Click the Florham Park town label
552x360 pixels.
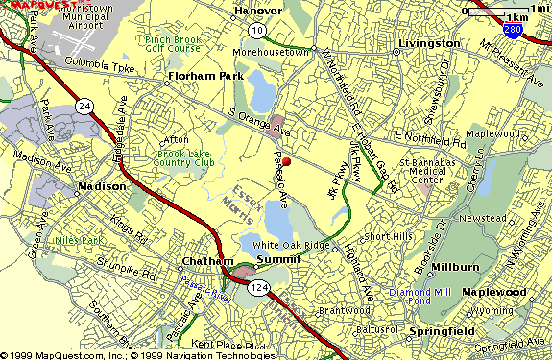point(200,73)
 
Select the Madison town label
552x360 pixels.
point(103,186)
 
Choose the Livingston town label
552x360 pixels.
point(429,44)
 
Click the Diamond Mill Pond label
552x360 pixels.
point(418,297)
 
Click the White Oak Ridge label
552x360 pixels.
point(292,245)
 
